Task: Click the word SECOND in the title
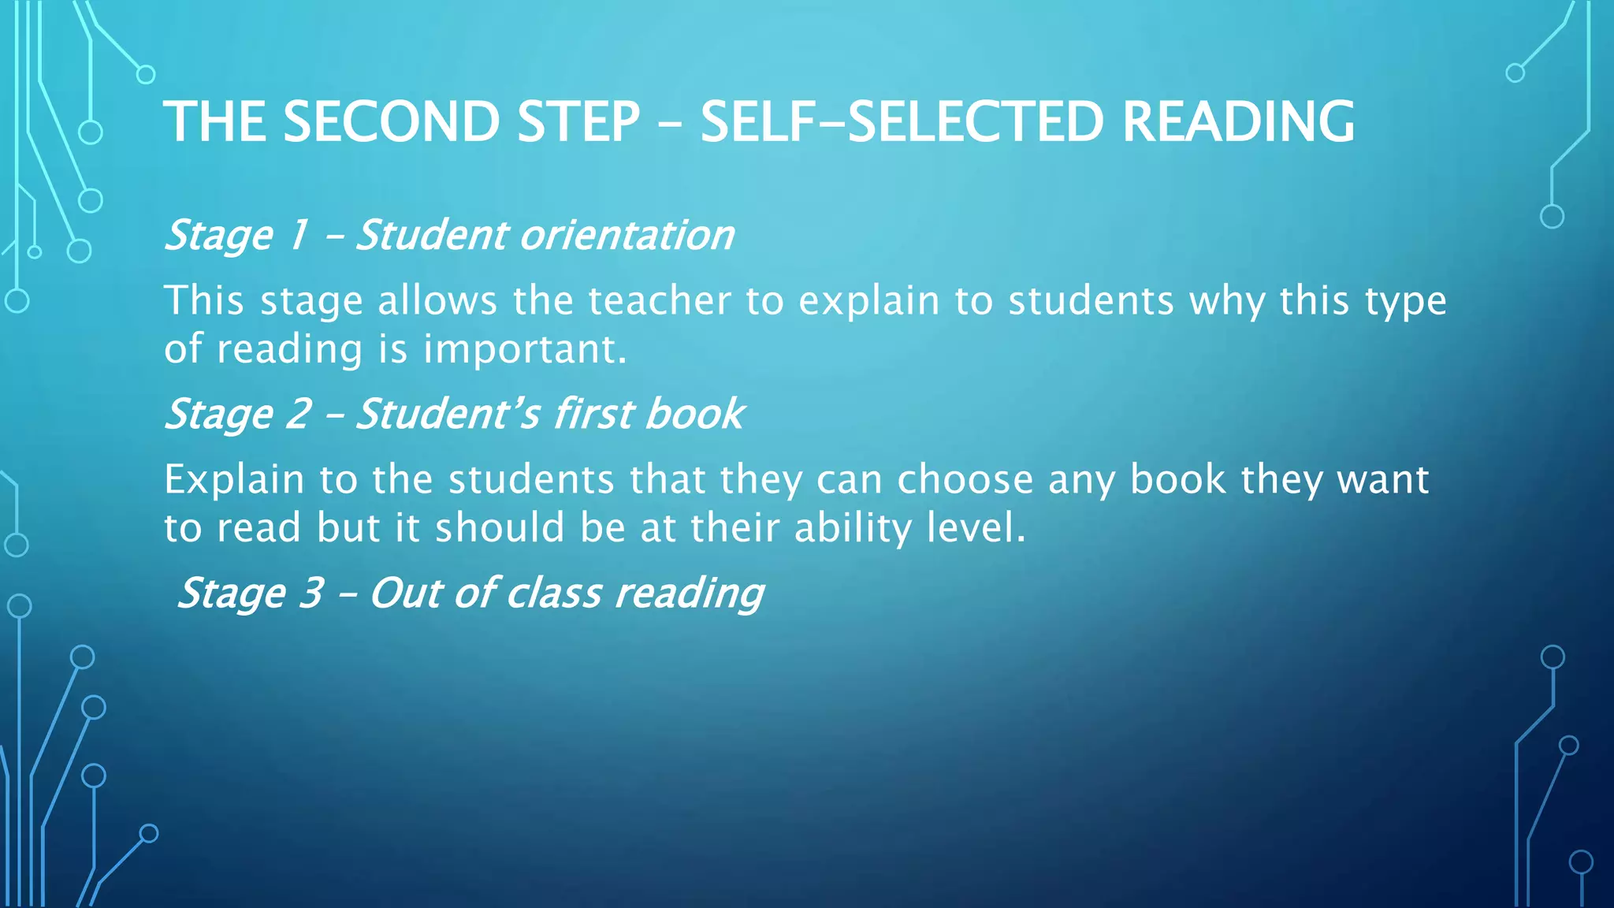[391, 122]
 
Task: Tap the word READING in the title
[1238, 122]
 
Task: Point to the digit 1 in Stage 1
[298, 235]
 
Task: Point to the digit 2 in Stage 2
[298, 414]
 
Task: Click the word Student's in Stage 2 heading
[448, 414]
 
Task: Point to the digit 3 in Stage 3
[311, 593]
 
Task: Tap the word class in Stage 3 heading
[553, 593]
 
